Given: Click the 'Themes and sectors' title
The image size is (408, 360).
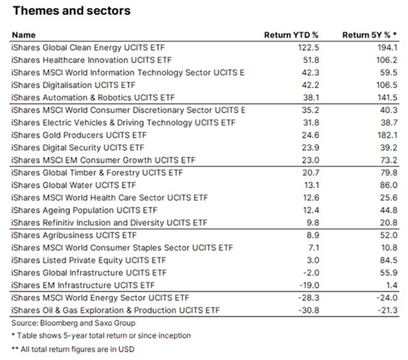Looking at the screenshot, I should pyautogui.click(x=72, y=11).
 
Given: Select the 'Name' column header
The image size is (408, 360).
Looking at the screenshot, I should pyautogui.click(x=23, y=35).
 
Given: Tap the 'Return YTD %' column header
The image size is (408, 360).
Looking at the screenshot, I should pyautogui.click(x=289, y=35).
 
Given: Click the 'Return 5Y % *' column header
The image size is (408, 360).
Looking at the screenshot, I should pyautogui.click(x=371, y=35).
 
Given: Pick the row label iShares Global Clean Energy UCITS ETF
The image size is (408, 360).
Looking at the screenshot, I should pyautogui.click(x=88, y=47).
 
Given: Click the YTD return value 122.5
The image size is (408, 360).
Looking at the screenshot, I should pyautogui.click(x=299, y=47).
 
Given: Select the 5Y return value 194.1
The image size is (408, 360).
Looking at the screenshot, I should pyautogui.click(x=388, y=47).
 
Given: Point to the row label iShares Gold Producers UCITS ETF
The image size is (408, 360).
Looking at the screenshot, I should pyautogui.click(x=81, y=134).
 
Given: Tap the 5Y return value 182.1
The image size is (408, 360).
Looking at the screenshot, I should pyautogui.click(x=388, y=134).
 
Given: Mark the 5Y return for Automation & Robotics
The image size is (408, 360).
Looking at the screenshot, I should pyautogui.click(x=388, y=97).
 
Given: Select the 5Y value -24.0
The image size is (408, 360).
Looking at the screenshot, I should pyautogui.click(x=388, y=298).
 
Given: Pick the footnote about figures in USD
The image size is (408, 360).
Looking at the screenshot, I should pyautogui.click(x=80, y=350).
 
